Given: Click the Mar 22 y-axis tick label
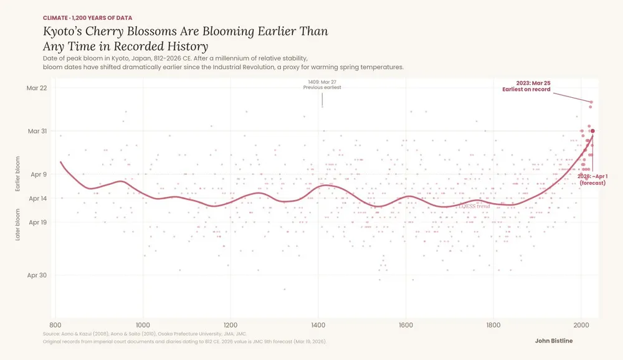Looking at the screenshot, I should [x=37, y=88].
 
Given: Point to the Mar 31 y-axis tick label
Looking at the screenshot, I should [x=37, y=131].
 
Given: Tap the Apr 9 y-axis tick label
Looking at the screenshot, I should [x=39, y=174].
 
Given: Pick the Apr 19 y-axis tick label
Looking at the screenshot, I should [x=39, y=222].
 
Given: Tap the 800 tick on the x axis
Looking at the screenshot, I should [x=55, y=324].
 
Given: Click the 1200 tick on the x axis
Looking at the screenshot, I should [x=231, y=324].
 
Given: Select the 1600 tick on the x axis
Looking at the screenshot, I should [x=406, y=324].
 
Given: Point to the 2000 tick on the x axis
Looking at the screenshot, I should [x=581, y=324].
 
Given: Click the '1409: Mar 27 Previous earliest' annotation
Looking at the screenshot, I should [x=322, y=85].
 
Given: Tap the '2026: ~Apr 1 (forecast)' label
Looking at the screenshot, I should [x=594, y=180].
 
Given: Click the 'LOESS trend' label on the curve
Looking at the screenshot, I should [x=473, y=206].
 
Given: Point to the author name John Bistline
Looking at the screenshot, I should [x=553, y=341].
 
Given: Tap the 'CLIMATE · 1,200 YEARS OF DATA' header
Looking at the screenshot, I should [x=87, y=17].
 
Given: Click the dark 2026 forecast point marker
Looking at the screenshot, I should [x=592, y=131].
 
